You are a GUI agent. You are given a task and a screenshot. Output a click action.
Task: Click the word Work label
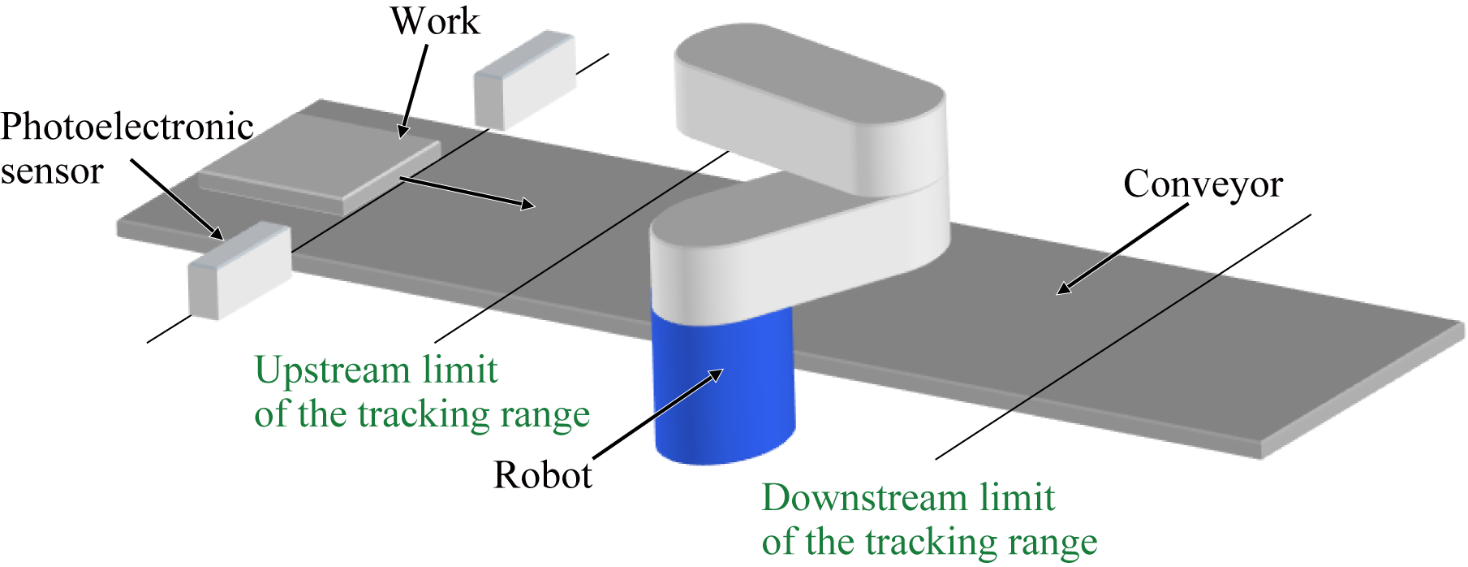pos(435,21)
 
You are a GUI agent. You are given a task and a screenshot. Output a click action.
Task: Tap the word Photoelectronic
pos(127,128)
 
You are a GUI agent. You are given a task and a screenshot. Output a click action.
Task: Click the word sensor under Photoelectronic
pos(52,171)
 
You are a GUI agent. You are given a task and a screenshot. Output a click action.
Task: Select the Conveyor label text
pos(1203,184)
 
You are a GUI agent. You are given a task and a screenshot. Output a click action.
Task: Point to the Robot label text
pos(542,475)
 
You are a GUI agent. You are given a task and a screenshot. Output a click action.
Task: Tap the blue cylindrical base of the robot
pos(722,390)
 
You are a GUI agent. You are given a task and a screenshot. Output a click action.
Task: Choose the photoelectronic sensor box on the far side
pos(524,80)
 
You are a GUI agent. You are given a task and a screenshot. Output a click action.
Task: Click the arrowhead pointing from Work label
pos(403,132)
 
